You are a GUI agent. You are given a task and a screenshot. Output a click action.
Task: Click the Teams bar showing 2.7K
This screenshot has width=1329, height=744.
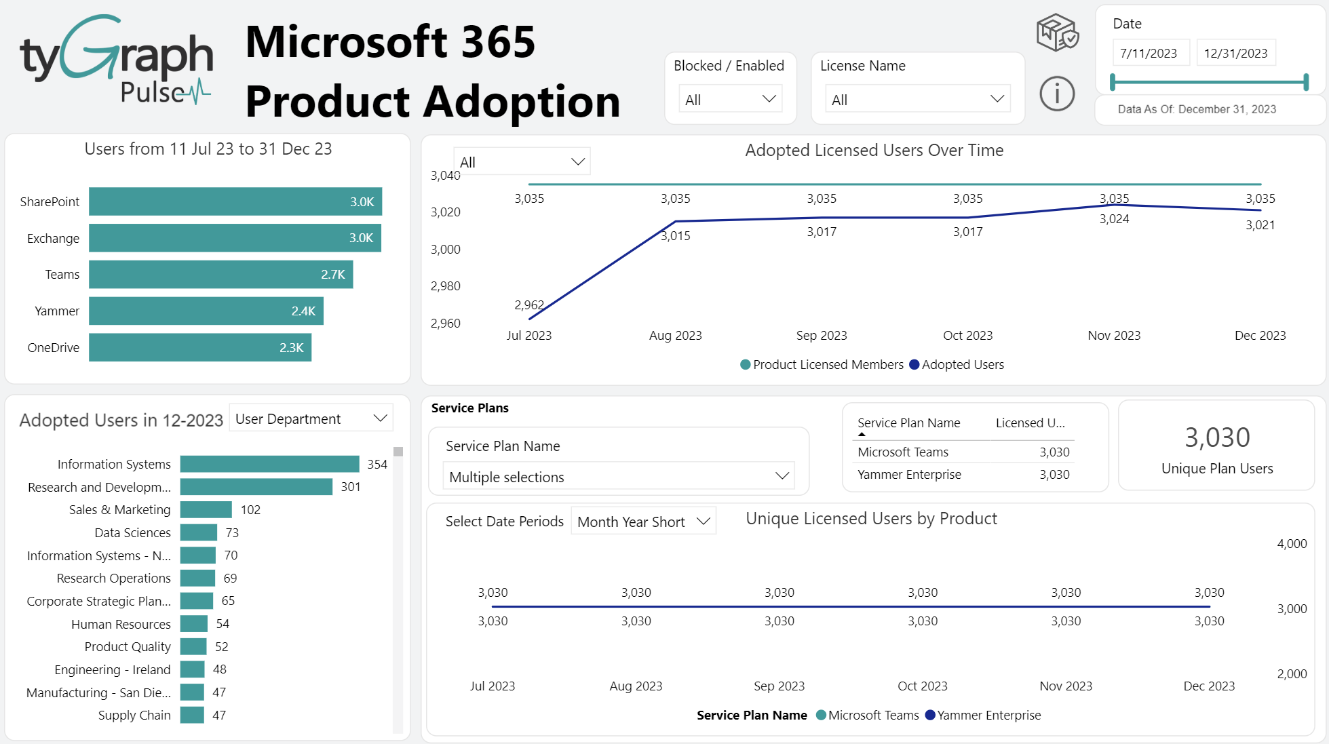220,275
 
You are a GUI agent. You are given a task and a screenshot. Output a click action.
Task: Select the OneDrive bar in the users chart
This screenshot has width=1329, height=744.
200,348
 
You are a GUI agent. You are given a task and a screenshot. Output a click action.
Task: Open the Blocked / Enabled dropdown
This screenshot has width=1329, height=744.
730,100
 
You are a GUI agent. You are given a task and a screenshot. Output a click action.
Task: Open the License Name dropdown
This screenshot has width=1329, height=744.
917,100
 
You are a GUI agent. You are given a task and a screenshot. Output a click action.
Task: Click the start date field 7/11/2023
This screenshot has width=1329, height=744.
1150,54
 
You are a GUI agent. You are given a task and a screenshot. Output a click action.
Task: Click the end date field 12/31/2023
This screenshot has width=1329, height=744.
1235,54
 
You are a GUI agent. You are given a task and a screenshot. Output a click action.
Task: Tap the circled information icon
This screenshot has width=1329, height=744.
1057,94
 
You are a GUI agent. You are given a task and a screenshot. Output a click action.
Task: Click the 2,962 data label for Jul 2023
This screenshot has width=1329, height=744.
528,305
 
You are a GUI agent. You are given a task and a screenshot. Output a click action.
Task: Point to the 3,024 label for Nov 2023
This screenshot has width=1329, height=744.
1114,219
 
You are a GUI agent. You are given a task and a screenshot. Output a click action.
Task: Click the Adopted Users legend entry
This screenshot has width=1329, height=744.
962,365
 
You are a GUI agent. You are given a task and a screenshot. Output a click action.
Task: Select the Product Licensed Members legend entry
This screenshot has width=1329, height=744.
828,365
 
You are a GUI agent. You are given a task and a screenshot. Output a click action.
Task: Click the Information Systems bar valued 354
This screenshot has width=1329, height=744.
269,464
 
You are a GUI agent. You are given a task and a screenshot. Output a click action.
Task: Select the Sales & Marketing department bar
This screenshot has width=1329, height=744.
206,510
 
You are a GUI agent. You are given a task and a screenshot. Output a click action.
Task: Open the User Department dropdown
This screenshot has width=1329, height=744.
311,419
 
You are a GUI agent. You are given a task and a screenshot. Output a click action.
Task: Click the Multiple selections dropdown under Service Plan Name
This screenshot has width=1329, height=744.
618,477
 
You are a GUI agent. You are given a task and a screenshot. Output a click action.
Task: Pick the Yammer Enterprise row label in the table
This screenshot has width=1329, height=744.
909,475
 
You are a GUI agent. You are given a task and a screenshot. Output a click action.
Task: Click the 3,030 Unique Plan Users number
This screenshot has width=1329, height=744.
1217,438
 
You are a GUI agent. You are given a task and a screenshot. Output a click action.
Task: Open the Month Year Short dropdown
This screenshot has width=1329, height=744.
643,522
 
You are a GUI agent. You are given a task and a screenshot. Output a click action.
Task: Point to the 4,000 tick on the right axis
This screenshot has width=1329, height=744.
1292,544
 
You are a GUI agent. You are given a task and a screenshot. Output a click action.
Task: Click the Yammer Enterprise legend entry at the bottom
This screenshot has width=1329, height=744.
988,716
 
